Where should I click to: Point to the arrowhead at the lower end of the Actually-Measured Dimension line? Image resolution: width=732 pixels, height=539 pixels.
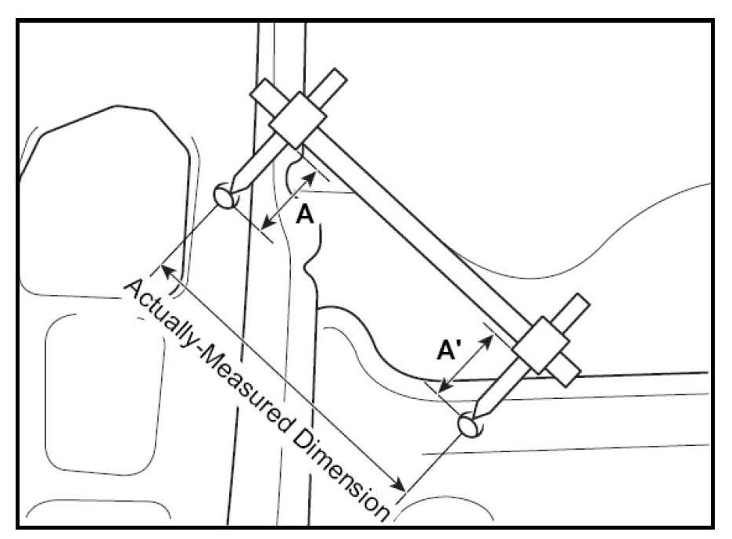click(x=397, y=483)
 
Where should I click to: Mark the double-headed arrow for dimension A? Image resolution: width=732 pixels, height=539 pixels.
click(x=289, y=199)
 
